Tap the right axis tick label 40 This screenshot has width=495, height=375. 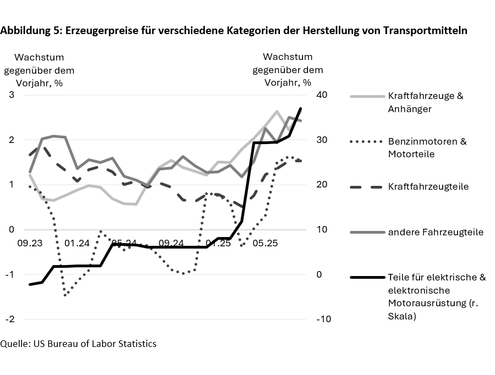coord(322,95)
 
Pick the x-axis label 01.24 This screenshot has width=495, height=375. coord(76,242)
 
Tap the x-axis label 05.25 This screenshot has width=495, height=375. coord(265,242)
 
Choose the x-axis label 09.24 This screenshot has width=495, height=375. coord(170,242)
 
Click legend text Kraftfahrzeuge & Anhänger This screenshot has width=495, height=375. coord(425,102)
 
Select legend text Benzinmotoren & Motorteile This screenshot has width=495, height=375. coord(427,147)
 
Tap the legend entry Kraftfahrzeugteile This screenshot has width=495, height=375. coord(428,186)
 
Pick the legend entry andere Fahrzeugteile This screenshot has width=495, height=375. coord(435,232)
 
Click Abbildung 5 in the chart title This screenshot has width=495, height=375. coord(31,31)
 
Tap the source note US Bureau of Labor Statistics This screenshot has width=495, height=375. coord(95,344)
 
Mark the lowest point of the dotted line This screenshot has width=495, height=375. coord(65,295)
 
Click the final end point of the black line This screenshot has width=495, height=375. coord(300,108)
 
